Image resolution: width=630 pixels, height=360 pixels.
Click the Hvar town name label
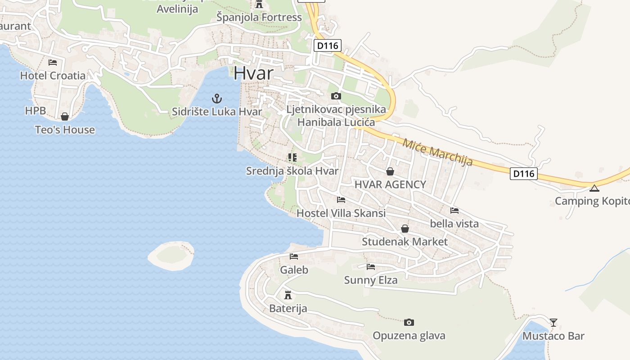click(254, 73)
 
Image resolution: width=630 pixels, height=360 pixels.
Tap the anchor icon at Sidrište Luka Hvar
click(217, 98)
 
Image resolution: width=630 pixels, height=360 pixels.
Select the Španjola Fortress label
click(259, 18)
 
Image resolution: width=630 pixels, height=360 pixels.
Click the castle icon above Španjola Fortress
click(259, 4)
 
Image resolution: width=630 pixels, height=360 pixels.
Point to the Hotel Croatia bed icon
click(53, 62)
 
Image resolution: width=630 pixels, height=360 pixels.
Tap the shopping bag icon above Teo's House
click(65, 117)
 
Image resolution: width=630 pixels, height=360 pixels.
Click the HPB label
click(36, 111)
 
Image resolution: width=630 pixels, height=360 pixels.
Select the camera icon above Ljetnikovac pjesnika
click(336, 96)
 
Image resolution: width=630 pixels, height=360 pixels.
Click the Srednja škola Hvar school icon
click(292, 157)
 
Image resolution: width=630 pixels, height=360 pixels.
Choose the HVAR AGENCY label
click(390, 184)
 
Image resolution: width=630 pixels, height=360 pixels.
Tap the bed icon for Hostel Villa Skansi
click(341, 199)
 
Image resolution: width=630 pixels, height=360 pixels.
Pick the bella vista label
click(454, 224)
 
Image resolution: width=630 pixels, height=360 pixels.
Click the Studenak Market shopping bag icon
click(405, 229)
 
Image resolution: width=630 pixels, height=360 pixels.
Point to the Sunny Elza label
click(371, 280)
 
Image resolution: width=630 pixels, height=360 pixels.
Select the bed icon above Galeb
click(294, 256)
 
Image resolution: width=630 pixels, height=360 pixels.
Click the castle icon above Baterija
click(288, 295)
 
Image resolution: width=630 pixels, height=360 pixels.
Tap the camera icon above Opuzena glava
click(409, 322)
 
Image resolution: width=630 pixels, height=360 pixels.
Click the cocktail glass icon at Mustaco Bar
click(553, 322)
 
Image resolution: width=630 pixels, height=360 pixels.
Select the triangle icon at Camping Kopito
click(594, 188)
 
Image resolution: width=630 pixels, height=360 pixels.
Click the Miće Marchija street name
click(437, 152)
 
